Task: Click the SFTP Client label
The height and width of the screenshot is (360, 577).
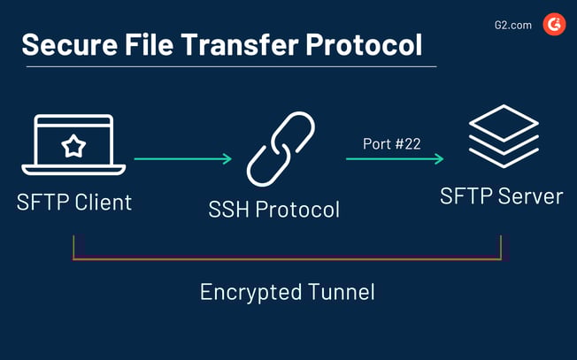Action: [74, 202]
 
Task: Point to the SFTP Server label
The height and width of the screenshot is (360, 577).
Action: [501, 195]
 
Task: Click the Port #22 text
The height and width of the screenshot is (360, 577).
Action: [391, 143]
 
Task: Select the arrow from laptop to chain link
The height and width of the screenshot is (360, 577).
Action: [182, 159]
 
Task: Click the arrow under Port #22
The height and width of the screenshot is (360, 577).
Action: [395, 159]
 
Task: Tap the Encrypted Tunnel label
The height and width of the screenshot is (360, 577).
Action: [287, 292]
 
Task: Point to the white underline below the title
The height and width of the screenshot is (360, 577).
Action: [228, 66]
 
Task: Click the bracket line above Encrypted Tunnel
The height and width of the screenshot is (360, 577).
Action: [287, 259]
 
